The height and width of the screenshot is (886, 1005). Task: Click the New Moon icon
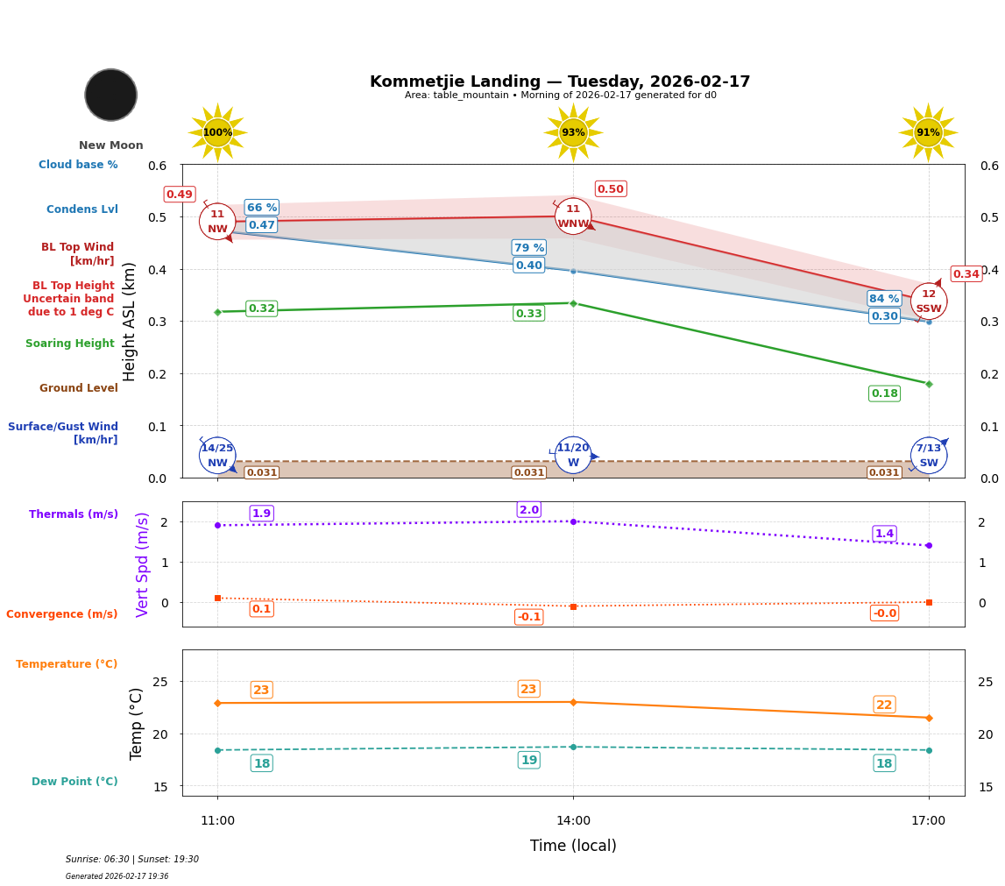pyautogui.click(x=111, y=95)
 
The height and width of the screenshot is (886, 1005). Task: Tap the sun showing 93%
pyautogui.click(x=573, y=132)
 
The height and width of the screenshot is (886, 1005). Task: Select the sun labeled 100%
pyautogui.click(x=217, y=132)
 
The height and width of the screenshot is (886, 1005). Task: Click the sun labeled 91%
pyautogui.click(x=928, y=132)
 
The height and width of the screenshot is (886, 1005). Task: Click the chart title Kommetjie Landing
pyautogui.click(x=560, y=82)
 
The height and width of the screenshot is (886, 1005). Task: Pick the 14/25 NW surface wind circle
pyautogui.click(x=217, y=455)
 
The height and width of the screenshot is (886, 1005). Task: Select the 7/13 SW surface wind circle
pyautogui.click(x=928, y=455)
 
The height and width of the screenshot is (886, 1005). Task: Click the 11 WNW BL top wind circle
pyautogui.click(x=573, y=216)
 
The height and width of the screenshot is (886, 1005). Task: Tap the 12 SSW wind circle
pyautogui.click(x=928, y=301)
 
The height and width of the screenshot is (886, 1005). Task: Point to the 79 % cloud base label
pyautogui.click(x=528, y=248)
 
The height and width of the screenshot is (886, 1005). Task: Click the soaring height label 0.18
pyautogui.click(x=884, y=393)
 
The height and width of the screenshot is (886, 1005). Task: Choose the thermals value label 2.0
pyautogui.click(x=528, y=510)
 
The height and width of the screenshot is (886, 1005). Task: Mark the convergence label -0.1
pyautogui.click(x=528, y=617)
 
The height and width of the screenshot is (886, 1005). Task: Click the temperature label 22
pyautogui.click(x=884, y=705)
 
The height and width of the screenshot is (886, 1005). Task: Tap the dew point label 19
pyautogui.click(x=528, y=760)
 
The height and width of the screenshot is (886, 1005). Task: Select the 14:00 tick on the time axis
pyautogui.click(x=573, y=821)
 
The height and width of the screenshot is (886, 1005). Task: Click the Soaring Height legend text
pyautogui.click(x=70, y=344)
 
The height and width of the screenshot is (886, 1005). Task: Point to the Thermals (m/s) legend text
pyautogui.click(x=74, y=514)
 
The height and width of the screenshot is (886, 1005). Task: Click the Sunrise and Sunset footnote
pyautogui.click(x=132, y=860)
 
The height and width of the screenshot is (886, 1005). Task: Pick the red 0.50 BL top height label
pyautogui.click(x=610, y=189)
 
